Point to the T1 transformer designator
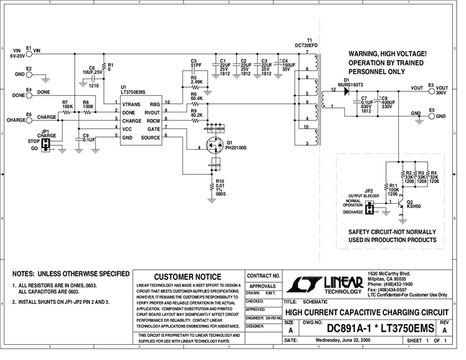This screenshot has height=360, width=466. click(x=308, y=40)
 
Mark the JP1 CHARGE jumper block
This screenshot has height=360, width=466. click(x=45, y=145)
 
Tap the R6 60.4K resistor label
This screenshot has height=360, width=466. click(x=196, y=94)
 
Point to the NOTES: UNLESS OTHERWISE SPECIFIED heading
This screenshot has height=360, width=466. click(x=69, y=274)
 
